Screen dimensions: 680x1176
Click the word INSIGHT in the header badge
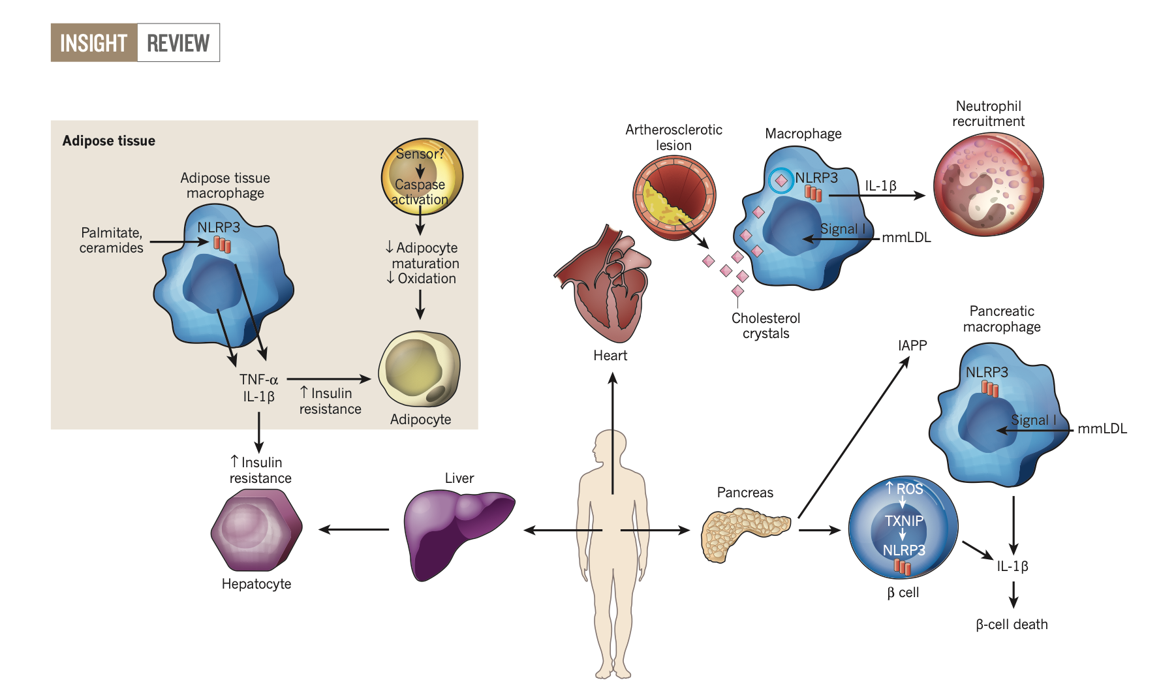93,43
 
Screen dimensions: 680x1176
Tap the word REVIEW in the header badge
178,43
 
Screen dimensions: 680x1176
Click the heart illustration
604,284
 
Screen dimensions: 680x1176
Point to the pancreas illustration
744,534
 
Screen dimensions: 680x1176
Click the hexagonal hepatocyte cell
256,530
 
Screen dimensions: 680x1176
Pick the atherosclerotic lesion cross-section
674,195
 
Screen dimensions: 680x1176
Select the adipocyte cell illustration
420,369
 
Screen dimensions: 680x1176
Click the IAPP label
912,346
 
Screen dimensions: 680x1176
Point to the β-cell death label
1012,625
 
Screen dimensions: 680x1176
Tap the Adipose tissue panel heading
109,141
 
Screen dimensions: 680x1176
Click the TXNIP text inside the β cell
904,521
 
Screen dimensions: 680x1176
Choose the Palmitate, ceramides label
112,240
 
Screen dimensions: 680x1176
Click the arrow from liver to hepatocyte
354,529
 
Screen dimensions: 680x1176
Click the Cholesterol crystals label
766,326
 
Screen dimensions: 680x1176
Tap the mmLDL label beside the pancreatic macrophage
1102,429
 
